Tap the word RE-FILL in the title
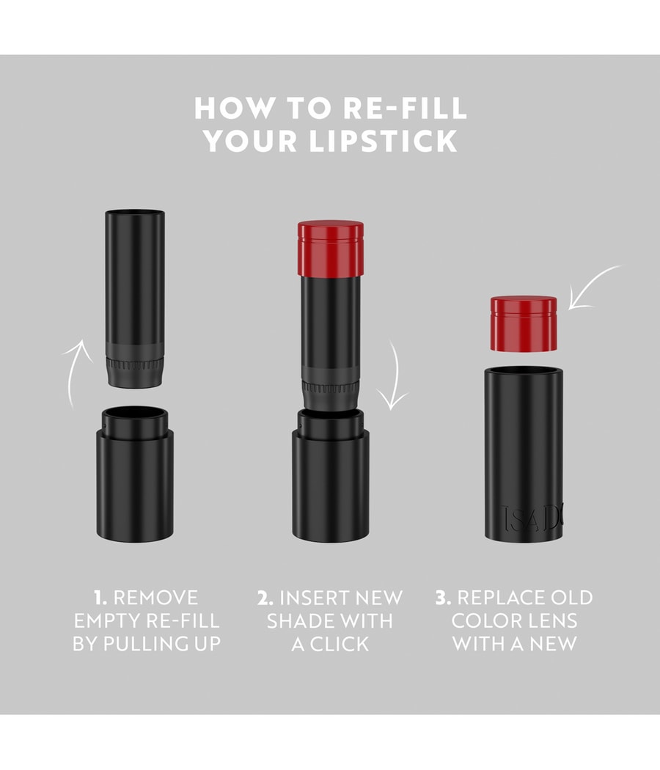tap(405, 108)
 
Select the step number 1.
tap(100, 598)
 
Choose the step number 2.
tap(265, 598)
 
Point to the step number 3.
tap(443, 598)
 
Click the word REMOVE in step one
tap(155, 598)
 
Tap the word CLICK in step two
tap(340, 644)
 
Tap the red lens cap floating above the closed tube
tap(524, 323)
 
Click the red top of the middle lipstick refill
tap(331, 248)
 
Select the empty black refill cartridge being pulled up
tap(135, 298)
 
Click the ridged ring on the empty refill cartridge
tap(135, 365)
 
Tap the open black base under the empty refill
tap(135, 474)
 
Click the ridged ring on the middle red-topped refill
tap(330, 388)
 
